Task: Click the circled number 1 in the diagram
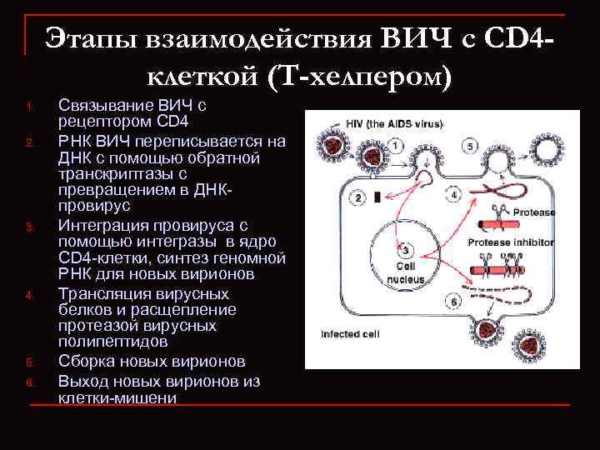point(394,145)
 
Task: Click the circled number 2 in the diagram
point(359,197)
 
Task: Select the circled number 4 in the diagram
point(453,195)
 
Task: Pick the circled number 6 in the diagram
point(454,301)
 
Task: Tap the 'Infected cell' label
point(349,335)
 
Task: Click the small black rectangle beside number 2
point(378,197)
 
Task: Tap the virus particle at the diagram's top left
point(337,148)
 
